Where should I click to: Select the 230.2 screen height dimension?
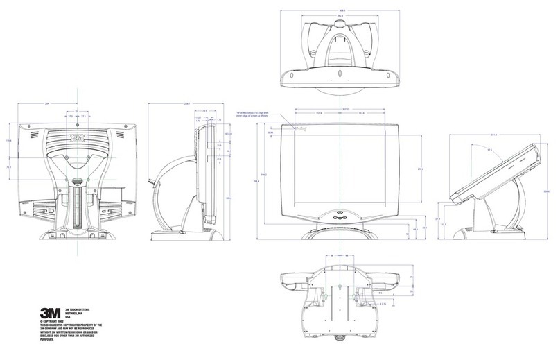421,169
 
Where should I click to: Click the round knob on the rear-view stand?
78,184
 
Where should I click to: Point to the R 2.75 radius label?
384,303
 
